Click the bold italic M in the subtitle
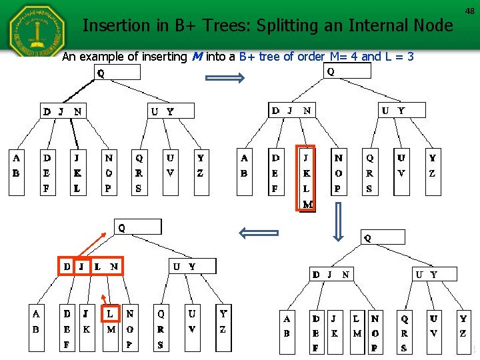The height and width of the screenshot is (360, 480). (197, 57)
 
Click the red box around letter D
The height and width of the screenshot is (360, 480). (67, 266)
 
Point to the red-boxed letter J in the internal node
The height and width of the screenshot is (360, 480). (82, 266)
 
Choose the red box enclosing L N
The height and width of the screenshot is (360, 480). (107, 266)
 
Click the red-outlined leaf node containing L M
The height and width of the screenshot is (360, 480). (111, 320)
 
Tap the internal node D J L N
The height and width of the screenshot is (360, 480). (91, 266)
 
